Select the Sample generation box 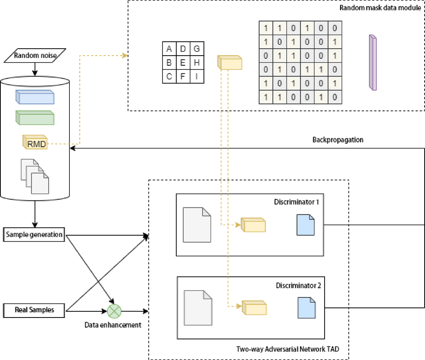tap(34, 235)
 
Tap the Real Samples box tap(34, 310)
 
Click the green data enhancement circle tap(114, 310)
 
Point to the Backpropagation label tap(337, 140)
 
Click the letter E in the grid tap(183, 63)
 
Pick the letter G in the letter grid tap(196, 49)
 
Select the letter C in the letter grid tap(169, 76)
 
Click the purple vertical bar tap(373, 63)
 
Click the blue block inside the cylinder tap(35, 97)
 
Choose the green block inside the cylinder tap(35, 118)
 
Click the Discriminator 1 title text tap(296, 202)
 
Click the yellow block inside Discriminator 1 tap(253, 225)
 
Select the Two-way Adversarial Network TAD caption tap(287, 349)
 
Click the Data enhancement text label tap(113, 325)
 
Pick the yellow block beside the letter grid tap(230, 63)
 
